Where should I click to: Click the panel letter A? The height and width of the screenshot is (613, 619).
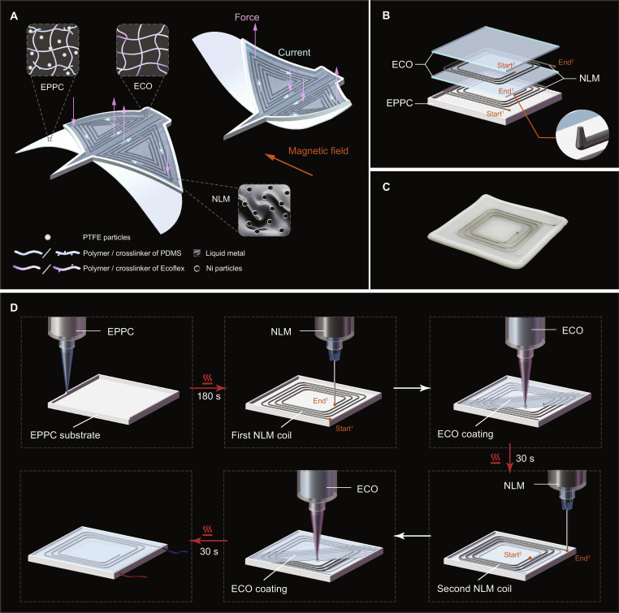tap(14, 16)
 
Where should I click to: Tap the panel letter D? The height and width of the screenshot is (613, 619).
tap(14, 307)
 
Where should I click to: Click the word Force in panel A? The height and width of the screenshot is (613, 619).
tap(247, 17)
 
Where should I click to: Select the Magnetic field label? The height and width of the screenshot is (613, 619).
tap(318, 151)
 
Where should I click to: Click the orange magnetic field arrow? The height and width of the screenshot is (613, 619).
tap(288, 165)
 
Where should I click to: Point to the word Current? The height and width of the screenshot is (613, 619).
tap(294, 53)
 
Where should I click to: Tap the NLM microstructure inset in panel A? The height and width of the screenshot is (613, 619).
tap(264, 210)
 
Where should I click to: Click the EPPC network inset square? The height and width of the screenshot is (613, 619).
tap(53, 50)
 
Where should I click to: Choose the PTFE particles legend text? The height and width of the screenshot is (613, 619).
tap(106, 237)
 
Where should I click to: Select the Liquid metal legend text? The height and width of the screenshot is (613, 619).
tap(225, 253)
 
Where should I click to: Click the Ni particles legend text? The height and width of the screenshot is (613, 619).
tap(224, 268)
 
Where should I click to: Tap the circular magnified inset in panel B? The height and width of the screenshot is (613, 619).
tap(582, 135)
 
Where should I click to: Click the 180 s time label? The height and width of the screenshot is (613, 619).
tap(209, 396)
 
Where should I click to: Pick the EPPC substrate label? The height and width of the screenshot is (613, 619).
tap(65, 435)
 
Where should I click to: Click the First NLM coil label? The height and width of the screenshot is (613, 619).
tap(262, 435)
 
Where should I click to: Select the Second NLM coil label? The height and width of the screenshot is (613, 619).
tap(474, 589)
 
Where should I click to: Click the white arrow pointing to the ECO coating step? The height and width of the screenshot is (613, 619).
tap(412, 388)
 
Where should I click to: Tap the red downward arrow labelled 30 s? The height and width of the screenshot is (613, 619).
tap(509, 458)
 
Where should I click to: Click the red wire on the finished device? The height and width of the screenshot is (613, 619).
tap(132, 574)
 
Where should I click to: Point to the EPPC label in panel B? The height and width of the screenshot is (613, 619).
tap(400, 103)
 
